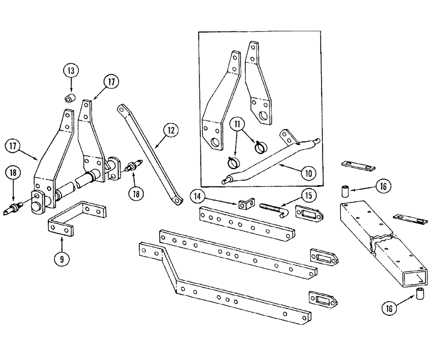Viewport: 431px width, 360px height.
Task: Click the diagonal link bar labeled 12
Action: pyautogui.click(x=149, y=155)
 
